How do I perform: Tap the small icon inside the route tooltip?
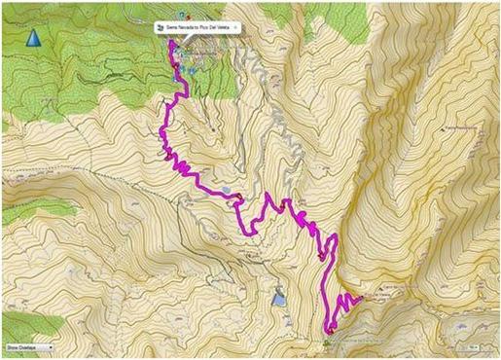click(161, 29)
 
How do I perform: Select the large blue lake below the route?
click(279, 300)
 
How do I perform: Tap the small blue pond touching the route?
click(226, 191)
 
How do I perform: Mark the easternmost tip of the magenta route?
click(361, 299)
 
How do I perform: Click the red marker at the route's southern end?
click(331, 332)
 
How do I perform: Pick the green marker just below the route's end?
click(327, 342)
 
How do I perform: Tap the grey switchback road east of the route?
click(282, 136)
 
